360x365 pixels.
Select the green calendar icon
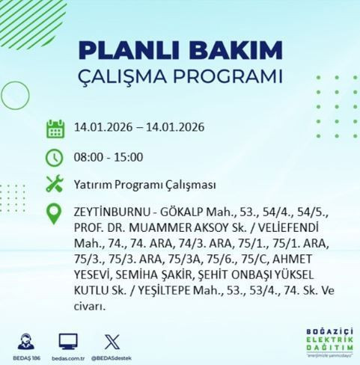pos(55,128)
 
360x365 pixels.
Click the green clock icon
pos(55,157)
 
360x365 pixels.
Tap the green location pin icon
pos(55,214)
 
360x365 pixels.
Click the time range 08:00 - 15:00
pos(109,157)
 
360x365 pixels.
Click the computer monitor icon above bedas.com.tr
pos(69,338)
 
